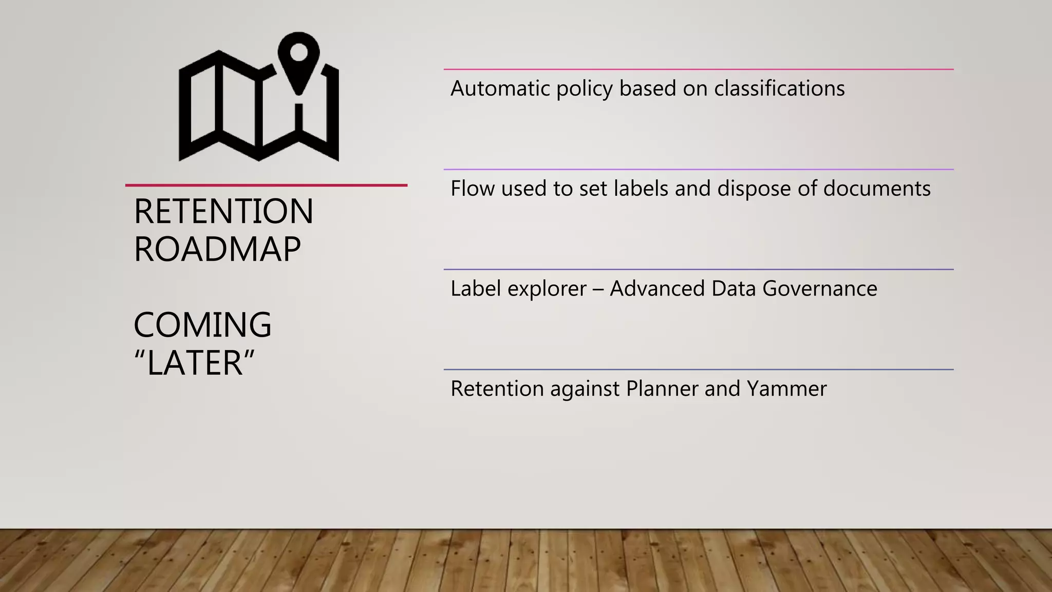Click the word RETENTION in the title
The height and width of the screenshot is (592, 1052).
click(223, 211)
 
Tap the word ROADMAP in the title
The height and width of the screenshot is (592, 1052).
click(217, 250)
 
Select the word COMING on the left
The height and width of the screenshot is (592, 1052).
click(202, 325)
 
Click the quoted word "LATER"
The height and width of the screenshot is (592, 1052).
click(194, 363)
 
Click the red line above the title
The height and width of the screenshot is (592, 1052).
click(266, 185)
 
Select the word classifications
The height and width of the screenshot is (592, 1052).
click(779, 88)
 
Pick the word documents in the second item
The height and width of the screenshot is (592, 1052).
click(877, 189)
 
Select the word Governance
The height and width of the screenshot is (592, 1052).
click(820, 289)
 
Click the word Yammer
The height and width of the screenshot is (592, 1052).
click(787, 389)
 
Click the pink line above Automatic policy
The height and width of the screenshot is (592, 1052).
click(699, 69)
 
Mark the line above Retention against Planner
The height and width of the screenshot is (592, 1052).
click(699, 369)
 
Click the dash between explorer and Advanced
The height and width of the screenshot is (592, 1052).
click(598, 289)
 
